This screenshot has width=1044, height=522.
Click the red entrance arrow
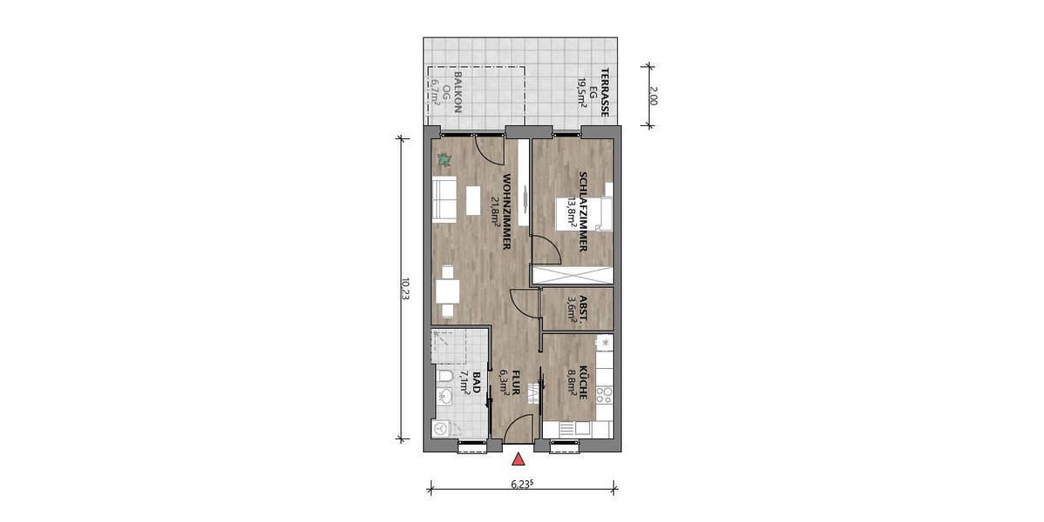519,460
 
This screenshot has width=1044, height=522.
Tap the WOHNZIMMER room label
505,213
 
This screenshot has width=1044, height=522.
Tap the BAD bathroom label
476,381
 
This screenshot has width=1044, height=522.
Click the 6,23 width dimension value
521,484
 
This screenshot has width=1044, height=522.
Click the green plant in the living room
445,160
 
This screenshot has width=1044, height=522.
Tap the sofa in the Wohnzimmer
445,201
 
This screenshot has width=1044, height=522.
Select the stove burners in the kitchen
605,396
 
